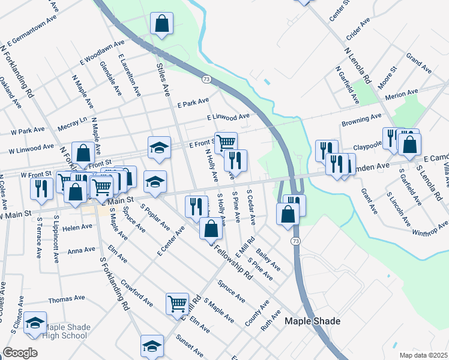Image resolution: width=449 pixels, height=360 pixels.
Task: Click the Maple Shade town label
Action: click(x=312, y=321)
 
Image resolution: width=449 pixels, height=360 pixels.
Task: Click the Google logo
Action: click(x=20, y=353)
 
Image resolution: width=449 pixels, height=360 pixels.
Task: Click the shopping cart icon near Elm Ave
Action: click(x=178, y=304)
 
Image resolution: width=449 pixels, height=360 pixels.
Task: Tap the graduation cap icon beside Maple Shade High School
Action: click(x=35, y=322)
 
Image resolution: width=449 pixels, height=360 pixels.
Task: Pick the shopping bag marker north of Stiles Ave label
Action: click(x=161, y=24)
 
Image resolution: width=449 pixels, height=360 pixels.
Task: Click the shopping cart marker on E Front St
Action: click(x=226, y=143)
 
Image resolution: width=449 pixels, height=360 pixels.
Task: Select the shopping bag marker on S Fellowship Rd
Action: click(x=211, y=228)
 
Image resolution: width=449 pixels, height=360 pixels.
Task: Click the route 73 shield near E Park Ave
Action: click(x=206, y=79)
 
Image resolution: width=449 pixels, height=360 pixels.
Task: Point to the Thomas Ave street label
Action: click(x=67, y=299)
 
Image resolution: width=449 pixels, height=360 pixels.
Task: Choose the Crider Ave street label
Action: click(x=358, y=29)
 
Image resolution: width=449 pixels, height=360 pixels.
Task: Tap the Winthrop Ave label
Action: click(x=430, y=228)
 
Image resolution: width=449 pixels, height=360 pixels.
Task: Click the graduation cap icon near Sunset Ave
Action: click(x=152, y=345)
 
